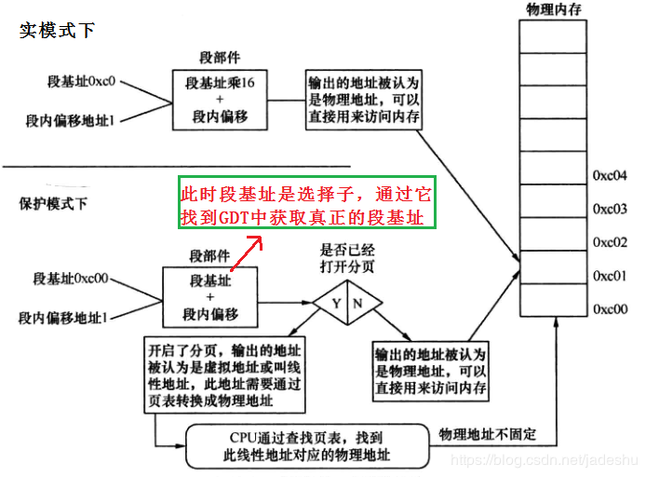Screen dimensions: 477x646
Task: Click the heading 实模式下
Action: pyautogui.click(x=57, y=30)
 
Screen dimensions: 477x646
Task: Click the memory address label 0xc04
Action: pyautogui.click(x=610, y=174)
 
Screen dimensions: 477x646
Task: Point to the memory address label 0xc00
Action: pyautogui.click(x=610, y=308)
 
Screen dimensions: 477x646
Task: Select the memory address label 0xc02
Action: pyautogui.click(x=610, y=242)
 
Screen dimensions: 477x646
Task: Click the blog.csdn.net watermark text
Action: pyautogui.click(x=539, y=460)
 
